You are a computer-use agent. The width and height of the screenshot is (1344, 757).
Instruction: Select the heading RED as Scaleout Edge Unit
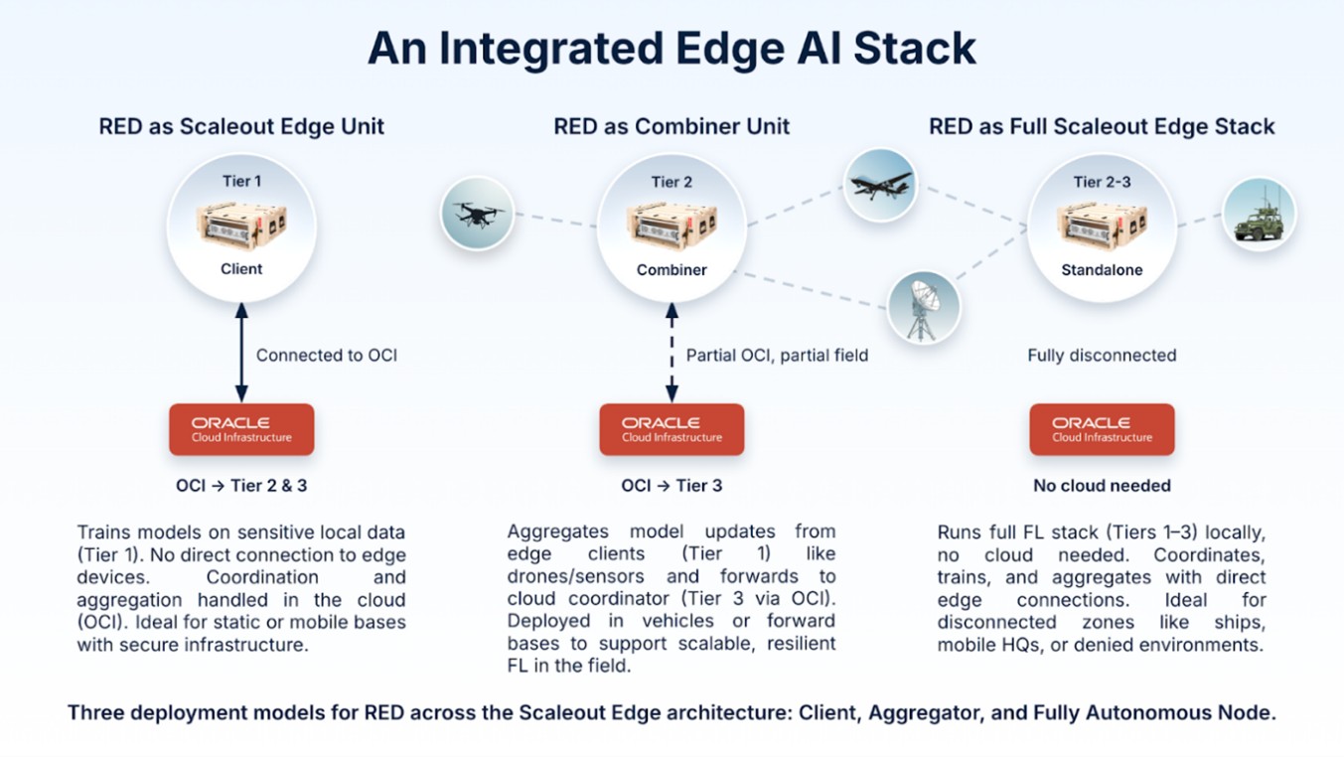click(241, 127)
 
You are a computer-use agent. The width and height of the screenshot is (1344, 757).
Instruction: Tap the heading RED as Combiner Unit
click(672, 127)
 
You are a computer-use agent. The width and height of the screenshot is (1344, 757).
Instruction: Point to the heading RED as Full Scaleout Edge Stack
click(1102, 127)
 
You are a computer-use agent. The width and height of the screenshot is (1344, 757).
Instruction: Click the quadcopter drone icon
click(478, 214)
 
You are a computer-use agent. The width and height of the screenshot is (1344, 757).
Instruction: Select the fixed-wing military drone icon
click(879, 185)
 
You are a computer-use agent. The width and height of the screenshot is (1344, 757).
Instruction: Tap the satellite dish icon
click(923, 307)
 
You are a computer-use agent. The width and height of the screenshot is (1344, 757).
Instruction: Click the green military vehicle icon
click(1259, 216)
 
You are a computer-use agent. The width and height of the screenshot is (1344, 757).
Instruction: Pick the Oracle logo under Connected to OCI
click(241, 429)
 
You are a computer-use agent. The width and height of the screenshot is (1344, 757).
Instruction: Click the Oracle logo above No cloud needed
click(1102, 429)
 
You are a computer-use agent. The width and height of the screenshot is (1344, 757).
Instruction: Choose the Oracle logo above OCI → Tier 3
click(672, 429)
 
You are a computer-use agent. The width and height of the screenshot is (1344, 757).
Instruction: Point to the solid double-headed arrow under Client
click(241, 354)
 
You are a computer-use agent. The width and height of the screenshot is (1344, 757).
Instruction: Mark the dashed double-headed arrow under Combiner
click(672, 354)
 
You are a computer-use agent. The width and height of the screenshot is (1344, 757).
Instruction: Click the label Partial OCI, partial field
click(777, 355)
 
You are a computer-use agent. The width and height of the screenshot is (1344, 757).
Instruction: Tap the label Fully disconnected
click(1102, 355)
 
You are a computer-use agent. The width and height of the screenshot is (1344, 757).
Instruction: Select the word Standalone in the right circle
click(1102, 270)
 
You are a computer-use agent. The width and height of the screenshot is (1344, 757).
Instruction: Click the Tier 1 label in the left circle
click(241, 182)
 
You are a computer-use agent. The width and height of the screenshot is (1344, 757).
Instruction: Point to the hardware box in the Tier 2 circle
click(672, 226)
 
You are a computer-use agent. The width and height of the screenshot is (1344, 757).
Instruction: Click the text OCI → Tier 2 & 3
click(241, 486)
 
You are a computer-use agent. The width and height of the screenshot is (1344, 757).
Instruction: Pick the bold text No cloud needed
click(1102, 486)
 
